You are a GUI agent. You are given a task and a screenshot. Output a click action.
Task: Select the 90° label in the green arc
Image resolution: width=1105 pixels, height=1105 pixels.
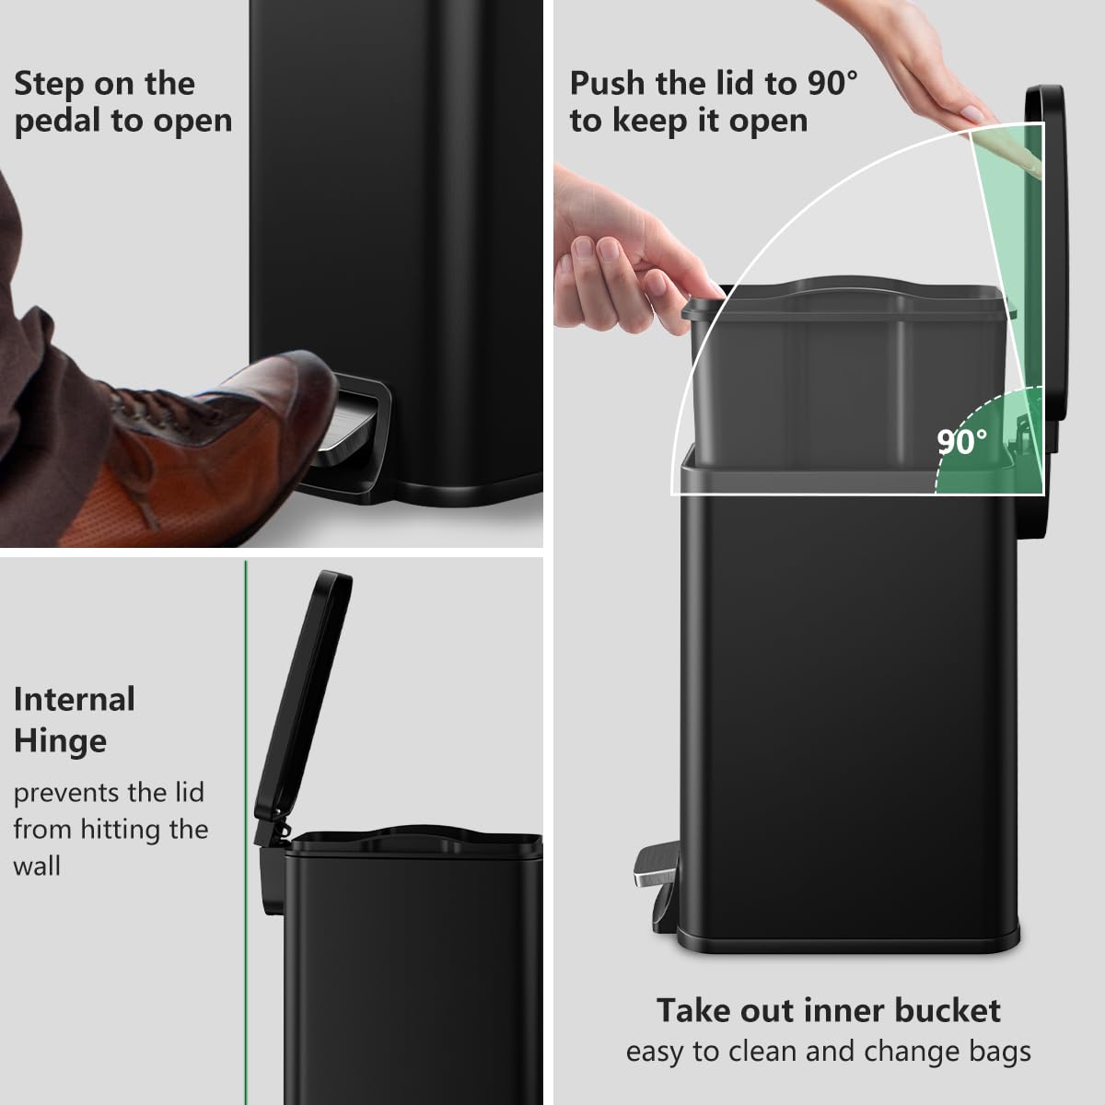click(x=962, y=442)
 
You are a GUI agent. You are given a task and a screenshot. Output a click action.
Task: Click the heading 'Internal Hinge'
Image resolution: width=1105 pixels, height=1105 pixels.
click(x=74, y=719)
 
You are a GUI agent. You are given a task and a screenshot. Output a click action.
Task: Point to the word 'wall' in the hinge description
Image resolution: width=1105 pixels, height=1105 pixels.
click(x=37, y=867)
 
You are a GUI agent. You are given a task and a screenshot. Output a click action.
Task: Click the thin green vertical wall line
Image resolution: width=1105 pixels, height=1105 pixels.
click(x=246, y=829)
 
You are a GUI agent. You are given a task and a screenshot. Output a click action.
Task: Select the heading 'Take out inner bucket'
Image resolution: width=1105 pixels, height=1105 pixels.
click(x=828, y=1010)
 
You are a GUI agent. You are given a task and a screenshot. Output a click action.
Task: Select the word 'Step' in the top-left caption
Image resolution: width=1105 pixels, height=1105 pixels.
click(x=49, y=84)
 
